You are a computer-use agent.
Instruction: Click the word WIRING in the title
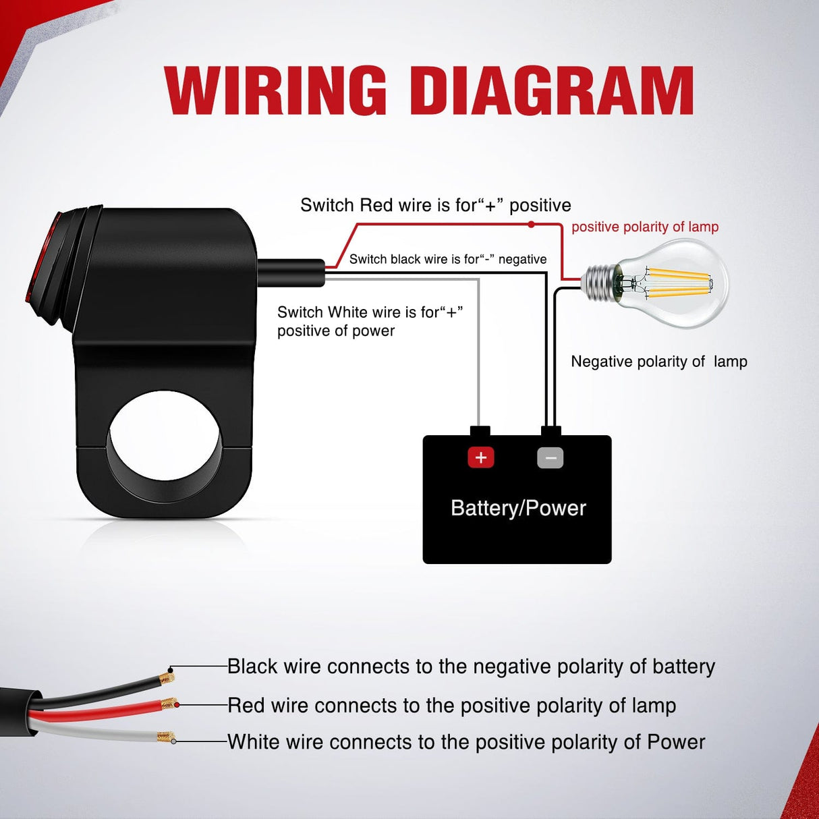click(x=275, y=90)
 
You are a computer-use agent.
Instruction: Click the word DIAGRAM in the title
click(x=552, y=90)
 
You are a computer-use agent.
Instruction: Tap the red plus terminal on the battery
click(x=481, y=458)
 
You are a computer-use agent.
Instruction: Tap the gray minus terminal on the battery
click(x=550, y=458)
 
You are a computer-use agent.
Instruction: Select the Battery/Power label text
click(x=518, y=508)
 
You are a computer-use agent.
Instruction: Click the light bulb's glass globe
click(x=681, y=283)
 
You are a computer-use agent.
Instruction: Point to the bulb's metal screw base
click(x=600, y=282)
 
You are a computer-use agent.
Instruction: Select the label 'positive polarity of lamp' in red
click(x=645, y=227)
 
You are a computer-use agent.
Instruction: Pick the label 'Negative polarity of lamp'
click(x=659, y=362)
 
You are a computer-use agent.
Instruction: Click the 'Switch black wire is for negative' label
click(x=448, y=259)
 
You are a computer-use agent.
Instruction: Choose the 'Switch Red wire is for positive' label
click(x=436, y=205)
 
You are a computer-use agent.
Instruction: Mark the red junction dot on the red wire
click(x=532, y=224)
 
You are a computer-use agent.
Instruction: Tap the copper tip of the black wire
click(x=165, y=677)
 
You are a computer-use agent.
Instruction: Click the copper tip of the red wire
click(x=168, y=705)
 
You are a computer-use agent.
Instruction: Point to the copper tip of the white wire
click(x=165, y=737)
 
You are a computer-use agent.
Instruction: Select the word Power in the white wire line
click(x=676, y=742)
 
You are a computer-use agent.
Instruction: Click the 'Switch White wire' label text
click(x=370, y=321)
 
